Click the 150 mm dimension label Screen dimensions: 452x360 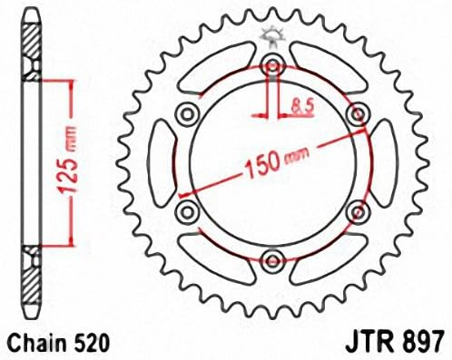coord(277,163)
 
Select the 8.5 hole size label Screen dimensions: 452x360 coord(303,108)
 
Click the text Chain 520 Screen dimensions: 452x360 coord(58,343)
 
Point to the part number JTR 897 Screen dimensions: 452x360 coord(395,343)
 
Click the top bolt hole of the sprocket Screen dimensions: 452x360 coord(273,65)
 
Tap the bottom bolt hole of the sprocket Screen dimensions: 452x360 coord(273,259)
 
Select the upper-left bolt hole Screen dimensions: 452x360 coord(188,114)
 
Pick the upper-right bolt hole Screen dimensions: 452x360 coord(358,114)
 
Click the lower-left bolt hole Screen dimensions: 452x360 coord(188,210)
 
